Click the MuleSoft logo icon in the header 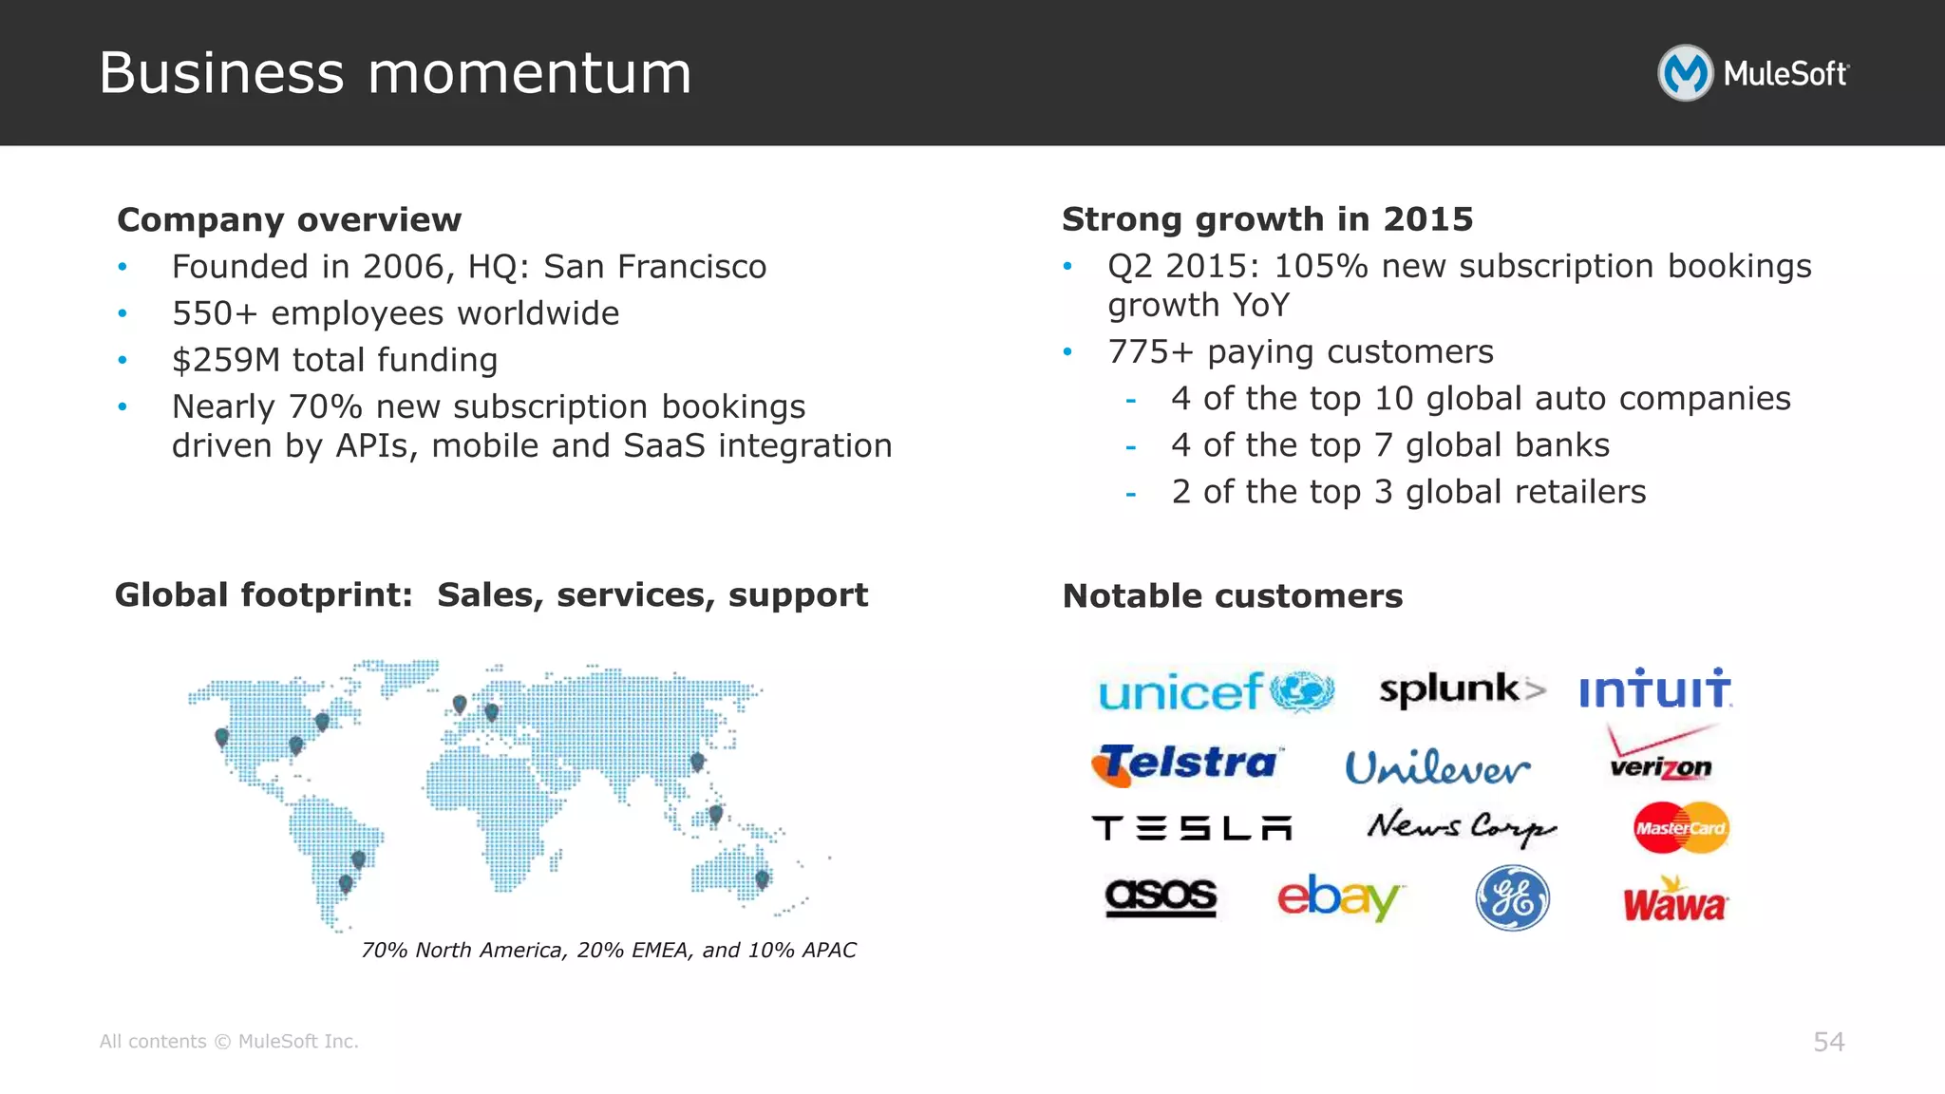[1685, 73]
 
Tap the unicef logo [1216, 691]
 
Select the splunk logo [1462, 689]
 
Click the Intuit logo [1655, 688]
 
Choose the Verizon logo [1661, 755]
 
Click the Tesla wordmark [1192, 828]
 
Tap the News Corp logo [1461, 827]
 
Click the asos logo [1161, 896]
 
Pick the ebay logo [1338, 896]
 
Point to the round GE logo [1512, 897]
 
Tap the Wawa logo [1674, 900]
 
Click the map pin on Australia [762, 879]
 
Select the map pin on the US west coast [222, 737]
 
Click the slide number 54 [1828, 1042]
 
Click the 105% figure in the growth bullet [1320, 267]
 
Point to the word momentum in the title [529, 73]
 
